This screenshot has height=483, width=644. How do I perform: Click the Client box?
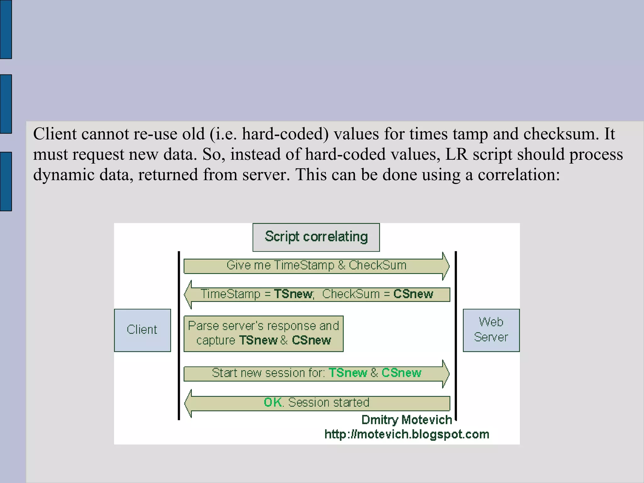(142, 330)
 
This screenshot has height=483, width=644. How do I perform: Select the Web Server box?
(491, 330)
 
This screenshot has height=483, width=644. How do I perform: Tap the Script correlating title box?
(316, 237)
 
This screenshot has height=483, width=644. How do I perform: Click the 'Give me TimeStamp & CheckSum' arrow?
(316, 266)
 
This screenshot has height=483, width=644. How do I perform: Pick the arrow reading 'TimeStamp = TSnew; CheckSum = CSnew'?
(317, 294)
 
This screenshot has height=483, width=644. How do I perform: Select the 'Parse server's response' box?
(264, 333)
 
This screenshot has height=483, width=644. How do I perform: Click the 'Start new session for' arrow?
(316, 373)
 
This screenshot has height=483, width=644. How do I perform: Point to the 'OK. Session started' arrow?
(317, 403)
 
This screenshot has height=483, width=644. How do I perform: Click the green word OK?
(273, 402)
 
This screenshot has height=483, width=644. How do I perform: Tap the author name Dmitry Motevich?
(407, 420)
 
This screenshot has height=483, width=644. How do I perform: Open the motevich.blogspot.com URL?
(407, 435)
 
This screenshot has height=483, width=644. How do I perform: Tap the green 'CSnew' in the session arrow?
(401, 373)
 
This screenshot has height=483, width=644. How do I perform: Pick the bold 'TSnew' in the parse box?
(258, 341)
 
